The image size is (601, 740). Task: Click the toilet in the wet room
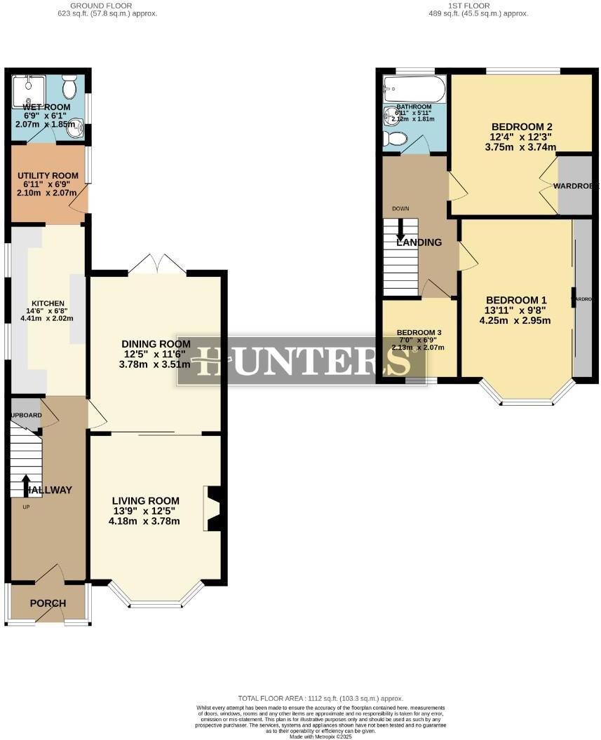pos(69,88)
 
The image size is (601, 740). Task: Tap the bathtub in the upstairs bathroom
pos(414,90)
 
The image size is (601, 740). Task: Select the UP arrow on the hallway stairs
pos(27,486)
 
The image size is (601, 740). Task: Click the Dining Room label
pos(156,344)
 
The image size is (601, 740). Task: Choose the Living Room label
pos(145,500)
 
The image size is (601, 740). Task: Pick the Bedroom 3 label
pos(416,332)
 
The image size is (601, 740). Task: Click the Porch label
pos(48,603)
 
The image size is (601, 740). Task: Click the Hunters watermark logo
pos(302,361)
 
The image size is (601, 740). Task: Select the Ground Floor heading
pos(107,6)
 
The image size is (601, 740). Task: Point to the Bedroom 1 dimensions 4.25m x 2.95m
pos(515,321)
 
